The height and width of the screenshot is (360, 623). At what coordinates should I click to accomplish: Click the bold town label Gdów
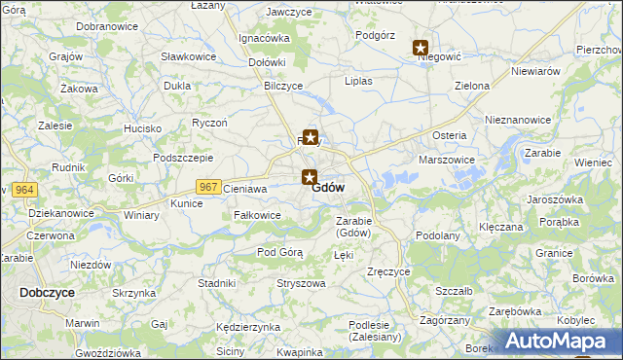click(328, 188)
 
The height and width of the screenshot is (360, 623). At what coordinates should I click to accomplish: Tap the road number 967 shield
click(207, 187)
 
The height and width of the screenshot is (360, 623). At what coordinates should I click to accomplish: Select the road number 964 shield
click(26, 189)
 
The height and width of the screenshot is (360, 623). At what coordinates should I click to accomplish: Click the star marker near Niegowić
click(421, 48)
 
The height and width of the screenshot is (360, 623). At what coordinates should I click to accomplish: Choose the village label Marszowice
click(446, 160)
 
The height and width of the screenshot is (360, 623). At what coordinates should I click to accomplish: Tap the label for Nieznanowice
click(518, 120)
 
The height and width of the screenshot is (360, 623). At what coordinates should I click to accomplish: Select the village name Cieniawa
click(244, 189)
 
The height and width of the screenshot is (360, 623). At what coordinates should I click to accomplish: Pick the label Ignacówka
click(265, 39)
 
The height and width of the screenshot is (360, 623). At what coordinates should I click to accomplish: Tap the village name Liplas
click(357, 81)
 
